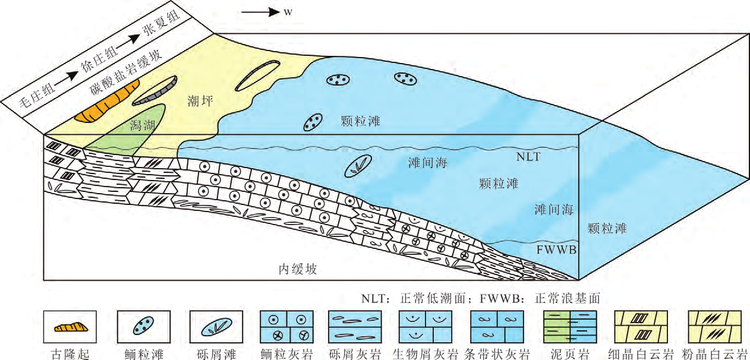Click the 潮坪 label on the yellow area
pos(196,102)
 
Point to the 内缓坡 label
pos(298,269)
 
